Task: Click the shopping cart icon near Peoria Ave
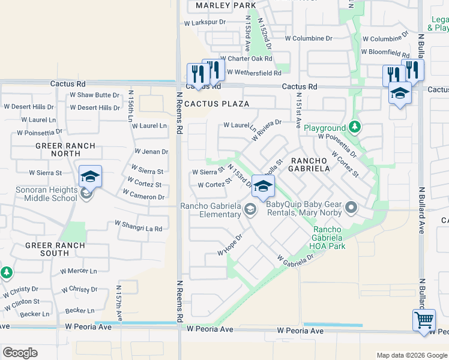coord(424,320)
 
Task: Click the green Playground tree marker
coord(355,127)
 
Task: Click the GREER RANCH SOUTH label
coord(47,249)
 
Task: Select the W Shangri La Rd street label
coord(139,229)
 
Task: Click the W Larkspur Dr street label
coord(205,22)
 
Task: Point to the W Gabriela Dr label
coord(295,259)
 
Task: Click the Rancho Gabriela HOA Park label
coord(329,238)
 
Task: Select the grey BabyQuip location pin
coord(351,208)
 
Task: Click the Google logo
coord(20,353)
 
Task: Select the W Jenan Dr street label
coord(151,152)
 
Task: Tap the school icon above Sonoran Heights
coord(90,176)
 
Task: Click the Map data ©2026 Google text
coord(411,355)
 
